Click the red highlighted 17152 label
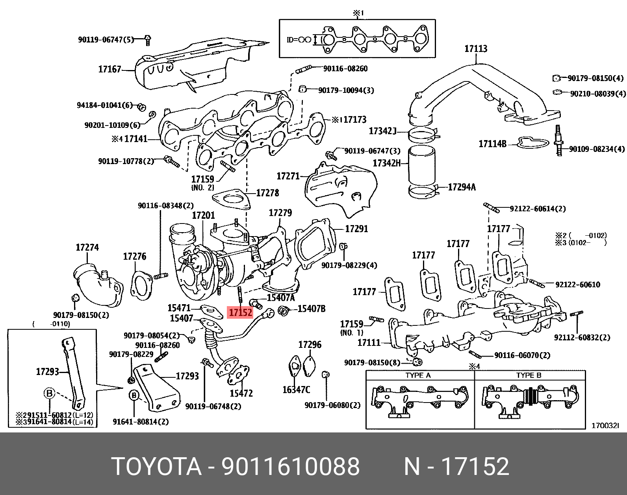(241, 313)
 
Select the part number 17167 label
(109, 70)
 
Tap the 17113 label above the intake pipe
(475, 49)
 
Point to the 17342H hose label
(386, 163)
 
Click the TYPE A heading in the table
(418, 375)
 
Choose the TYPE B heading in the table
(529, 375)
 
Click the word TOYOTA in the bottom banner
(156, 467)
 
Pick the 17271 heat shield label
(288, 176)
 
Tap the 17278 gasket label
(267, 193)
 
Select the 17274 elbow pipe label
(87, 247)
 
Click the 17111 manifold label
(369, 343)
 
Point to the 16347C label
(296, 390)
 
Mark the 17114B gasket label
(492, 144)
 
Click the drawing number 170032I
(605, 425)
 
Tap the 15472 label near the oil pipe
(241, 393)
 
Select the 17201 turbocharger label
(204, 215)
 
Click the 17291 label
(356, 229)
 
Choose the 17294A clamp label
(462, 187)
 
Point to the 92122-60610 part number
(578, 284)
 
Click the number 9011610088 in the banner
(291, 467)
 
